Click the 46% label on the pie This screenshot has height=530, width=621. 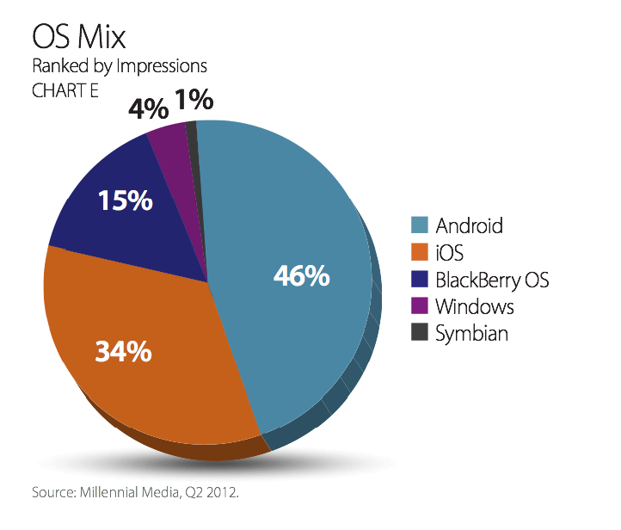[301, 276]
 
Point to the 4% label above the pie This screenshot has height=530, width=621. [149, 108]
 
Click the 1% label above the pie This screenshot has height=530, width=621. [194, 102]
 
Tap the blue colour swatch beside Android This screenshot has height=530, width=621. [419, 226]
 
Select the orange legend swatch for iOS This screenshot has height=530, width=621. [419, 253]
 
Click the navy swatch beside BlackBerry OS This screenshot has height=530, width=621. [419, 280]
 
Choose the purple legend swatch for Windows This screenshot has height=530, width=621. [419, 306]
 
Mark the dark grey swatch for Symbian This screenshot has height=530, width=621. [419, 333]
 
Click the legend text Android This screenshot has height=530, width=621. [469, 226]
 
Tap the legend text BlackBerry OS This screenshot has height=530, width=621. [492, 280]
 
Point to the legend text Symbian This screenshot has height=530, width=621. [471, 333]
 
